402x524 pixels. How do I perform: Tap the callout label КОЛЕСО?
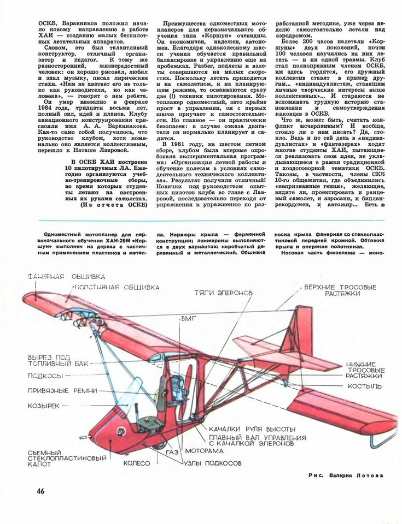coord(136,463)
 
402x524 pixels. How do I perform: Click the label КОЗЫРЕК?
coord(48,406)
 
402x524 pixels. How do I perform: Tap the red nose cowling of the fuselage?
coord(109,431)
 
